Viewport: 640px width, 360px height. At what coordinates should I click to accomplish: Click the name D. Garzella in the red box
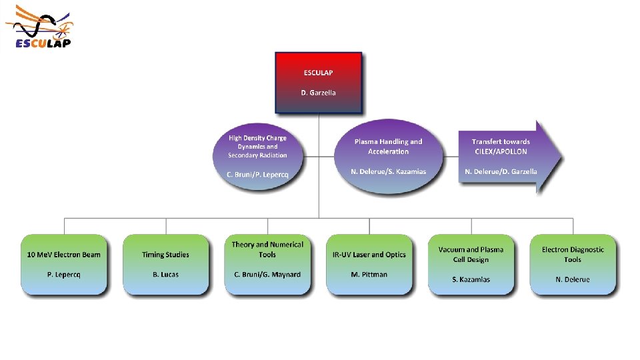(319, 93)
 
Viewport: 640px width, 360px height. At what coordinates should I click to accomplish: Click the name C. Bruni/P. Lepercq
(257, 175)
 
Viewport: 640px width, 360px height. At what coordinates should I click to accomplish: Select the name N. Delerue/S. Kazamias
(388, 171)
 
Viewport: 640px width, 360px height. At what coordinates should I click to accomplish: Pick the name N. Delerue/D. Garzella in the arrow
(501, 171)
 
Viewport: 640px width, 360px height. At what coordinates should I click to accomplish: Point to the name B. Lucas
(165, 275)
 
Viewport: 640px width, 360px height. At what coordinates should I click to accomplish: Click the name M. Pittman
(369, 275)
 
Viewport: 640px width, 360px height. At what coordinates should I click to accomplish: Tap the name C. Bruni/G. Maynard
(267, 275)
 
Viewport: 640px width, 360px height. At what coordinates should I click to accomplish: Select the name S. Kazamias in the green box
(471, 279)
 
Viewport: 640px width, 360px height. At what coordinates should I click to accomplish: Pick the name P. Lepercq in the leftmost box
(64, 275)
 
